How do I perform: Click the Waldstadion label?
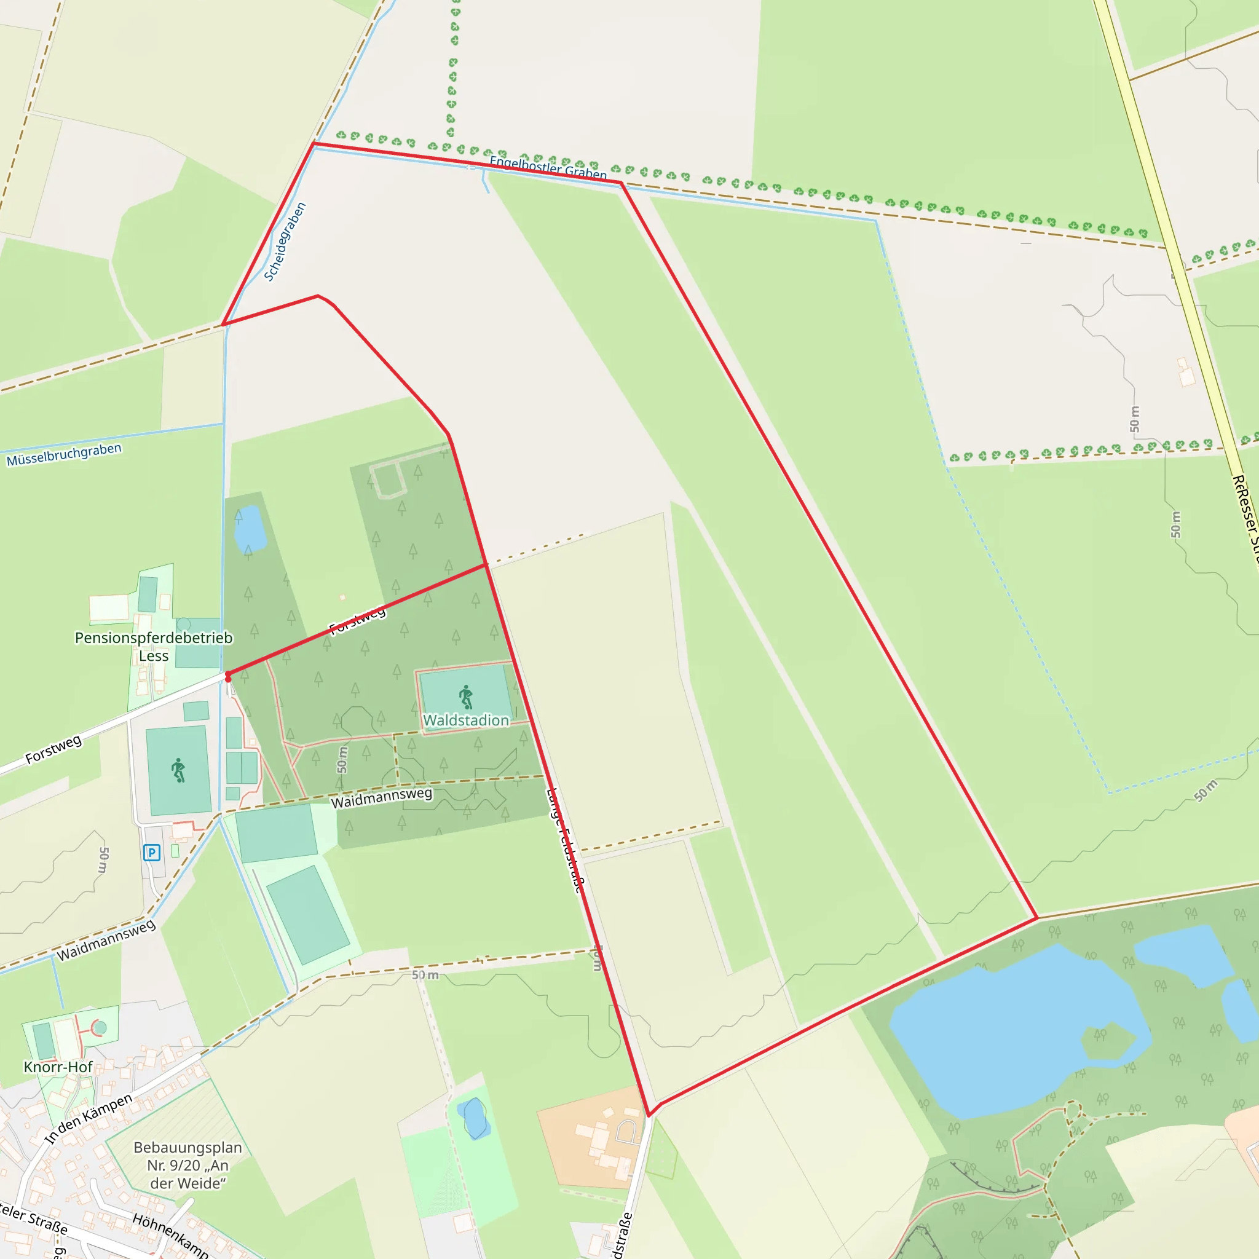[x=465, y=720]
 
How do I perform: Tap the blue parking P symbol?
[x=151, y=853]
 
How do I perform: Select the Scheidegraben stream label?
[x=285, y=242]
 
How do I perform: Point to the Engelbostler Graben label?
[x=547, y=167]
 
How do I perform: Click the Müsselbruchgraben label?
[x=64, y=454]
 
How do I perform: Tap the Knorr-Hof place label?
[x=58, y=1067]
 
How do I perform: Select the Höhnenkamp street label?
[x=171, y=1236]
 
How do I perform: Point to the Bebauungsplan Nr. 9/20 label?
[x=187, y=1165]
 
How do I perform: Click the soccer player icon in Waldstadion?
[x=466, y=697]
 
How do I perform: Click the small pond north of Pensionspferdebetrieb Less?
[x=250, y=528]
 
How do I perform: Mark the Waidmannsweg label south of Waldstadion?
[x=381, y=797]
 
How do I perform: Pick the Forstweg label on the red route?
[x=357, y=620]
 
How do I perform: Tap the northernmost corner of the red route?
[x=314, y=143]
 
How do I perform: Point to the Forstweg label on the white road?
[x=53, y=749]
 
